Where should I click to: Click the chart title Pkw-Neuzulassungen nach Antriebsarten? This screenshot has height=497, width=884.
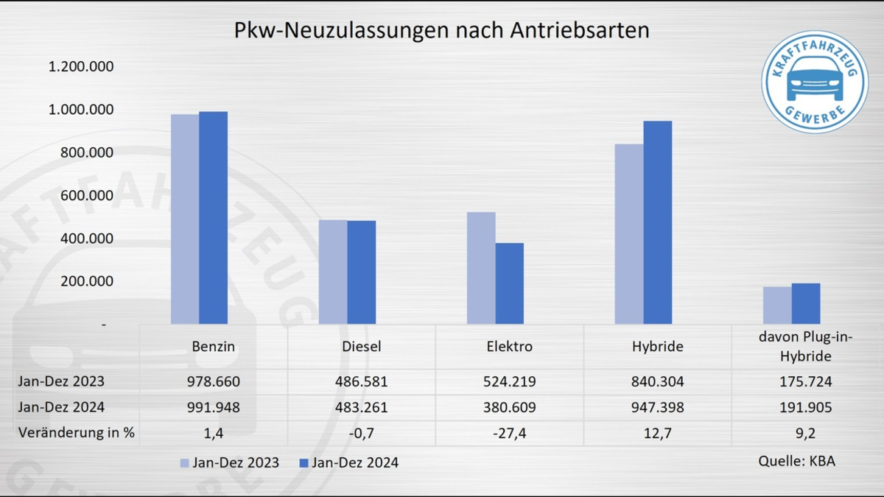(x=441, y=30)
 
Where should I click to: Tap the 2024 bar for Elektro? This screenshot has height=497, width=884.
(x=509, y=283)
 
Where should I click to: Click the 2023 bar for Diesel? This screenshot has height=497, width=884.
(x=333, y=272)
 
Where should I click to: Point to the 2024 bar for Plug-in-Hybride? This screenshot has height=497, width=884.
(x=806, y=303)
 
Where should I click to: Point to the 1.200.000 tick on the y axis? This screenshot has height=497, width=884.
(x=80, y=67)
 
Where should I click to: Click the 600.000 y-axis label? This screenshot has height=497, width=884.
(x=80, y=196)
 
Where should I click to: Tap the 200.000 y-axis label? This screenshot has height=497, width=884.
(x=80, y=281)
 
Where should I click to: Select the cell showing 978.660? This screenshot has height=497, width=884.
(x=213, y=382)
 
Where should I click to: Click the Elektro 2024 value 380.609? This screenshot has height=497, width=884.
(x=509, y=407)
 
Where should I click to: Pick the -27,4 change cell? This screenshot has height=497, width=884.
(x=509, y=433)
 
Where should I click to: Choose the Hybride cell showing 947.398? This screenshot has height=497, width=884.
(x=658, y=407)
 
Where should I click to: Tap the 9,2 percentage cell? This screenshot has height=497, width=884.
(x=806, y=433)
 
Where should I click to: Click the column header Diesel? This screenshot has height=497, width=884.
(x=361, y=346)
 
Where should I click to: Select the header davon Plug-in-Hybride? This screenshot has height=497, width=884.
(x=806, y=346)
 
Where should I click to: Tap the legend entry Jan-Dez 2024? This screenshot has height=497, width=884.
(x=348, y=462)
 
